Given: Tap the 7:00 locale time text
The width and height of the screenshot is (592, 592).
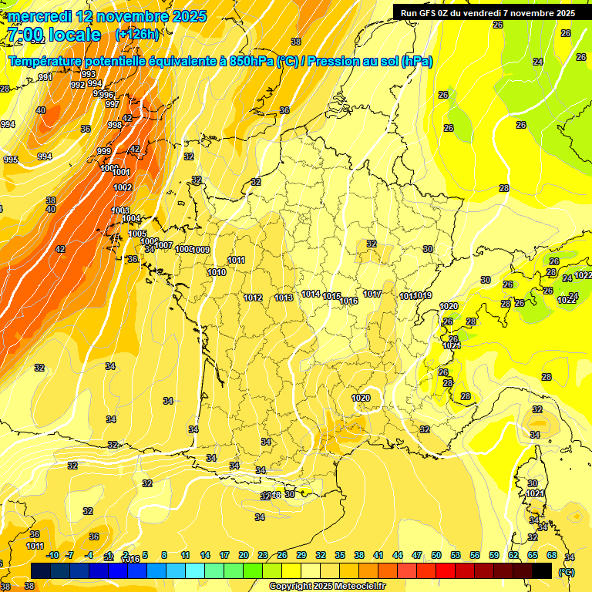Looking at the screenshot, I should pos(54,35).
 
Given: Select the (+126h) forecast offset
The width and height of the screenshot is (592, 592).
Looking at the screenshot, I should pos(136,35).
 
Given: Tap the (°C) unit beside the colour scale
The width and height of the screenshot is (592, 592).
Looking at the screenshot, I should pos(566,572).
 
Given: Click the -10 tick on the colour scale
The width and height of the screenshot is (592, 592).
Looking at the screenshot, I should pos(52,555).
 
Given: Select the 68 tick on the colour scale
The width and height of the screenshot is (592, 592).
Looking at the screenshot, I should pos(552,555).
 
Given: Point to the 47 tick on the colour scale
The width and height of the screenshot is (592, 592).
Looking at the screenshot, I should pos(417,555).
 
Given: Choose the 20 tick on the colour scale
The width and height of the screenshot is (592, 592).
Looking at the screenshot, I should pos(244,555).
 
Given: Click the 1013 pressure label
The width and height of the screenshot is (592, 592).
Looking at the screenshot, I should pos(284,298).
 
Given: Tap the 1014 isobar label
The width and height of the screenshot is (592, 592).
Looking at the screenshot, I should pos(311,294).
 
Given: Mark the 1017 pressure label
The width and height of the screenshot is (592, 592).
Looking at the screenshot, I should pos(372,294).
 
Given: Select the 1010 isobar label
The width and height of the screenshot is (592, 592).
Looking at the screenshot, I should pos(217,272).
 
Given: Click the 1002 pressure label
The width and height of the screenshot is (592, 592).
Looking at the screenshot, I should pos(123,187).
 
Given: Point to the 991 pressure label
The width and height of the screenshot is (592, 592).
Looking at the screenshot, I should pos(45,77).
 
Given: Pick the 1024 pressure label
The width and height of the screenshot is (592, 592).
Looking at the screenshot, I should pos(452,346).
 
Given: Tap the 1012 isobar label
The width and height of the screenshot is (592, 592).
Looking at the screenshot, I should pos(253,298).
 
